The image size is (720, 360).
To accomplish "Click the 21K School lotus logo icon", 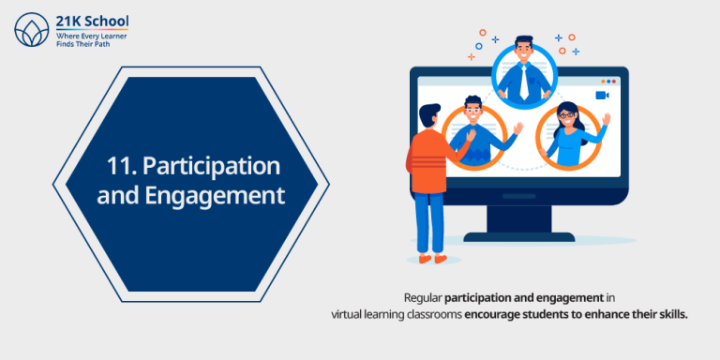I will [30, 29].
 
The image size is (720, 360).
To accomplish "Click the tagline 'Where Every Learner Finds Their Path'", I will [91, 39].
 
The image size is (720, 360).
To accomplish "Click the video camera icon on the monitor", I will [602, 95].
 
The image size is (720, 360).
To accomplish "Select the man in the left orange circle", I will [475, 134].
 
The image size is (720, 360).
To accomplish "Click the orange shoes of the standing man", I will [431, 255].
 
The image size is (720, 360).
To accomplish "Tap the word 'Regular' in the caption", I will [424, 297].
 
